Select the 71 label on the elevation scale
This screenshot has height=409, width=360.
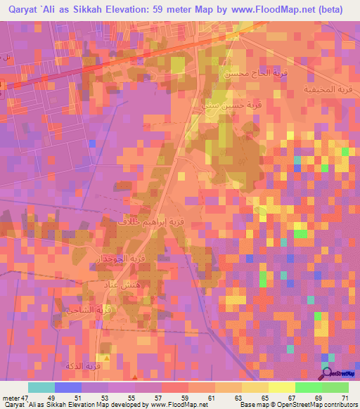[345, 397]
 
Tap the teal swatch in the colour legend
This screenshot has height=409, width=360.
[41, 387]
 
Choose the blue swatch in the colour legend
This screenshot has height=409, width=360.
[67, 387]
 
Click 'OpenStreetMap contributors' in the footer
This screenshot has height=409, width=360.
[318, 404]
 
